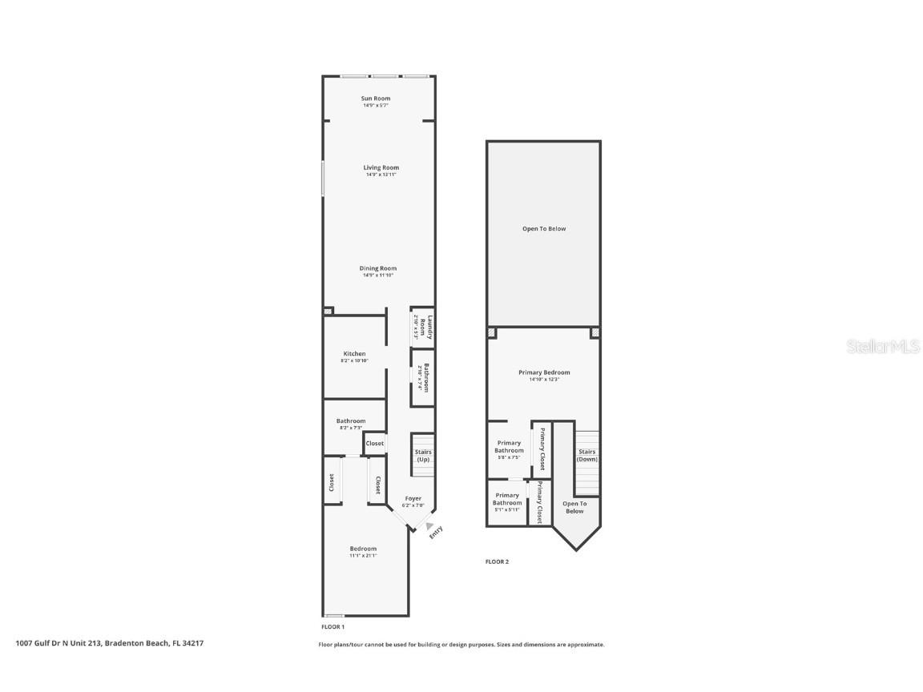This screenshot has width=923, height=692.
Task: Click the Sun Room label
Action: (x=376, y=99)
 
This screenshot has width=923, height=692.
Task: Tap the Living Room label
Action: (x=381, y=167)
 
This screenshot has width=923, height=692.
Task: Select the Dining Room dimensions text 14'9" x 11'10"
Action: (x=378, y=276)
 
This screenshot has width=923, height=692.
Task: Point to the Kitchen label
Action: (x=354, y=353)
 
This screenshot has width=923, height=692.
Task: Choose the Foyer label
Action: (x=413, y=498)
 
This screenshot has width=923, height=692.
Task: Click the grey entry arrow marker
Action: (x=430, y=525)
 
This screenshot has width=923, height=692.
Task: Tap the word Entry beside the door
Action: (x=436, y=532)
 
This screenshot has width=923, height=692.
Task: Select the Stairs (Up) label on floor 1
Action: (x=423, y=456)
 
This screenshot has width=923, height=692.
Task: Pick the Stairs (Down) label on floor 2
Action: (x=587, y=455)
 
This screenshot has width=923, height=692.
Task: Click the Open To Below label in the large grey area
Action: (x=544, y=229)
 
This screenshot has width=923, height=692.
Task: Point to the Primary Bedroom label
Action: (x=544, y=372)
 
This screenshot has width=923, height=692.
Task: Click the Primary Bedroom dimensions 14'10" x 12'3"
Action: (x=544, y=380)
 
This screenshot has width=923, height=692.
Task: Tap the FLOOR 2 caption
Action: (x=497, y=561)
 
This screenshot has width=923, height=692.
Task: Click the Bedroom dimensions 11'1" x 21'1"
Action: (x=363, y=556)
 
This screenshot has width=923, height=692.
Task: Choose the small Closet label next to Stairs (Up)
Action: (x=374, y=443)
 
